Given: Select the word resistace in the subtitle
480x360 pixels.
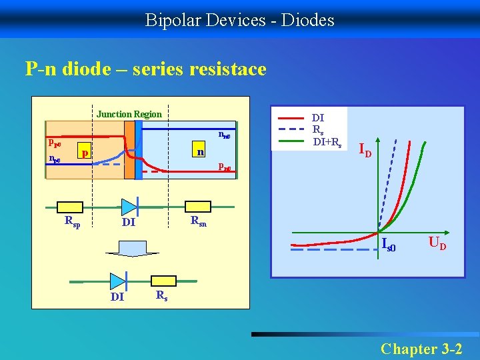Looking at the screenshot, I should pos(231,69).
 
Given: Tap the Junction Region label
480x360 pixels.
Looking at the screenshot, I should pos(129,114).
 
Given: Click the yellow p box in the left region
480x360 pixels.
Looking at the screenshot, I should pos(84,153).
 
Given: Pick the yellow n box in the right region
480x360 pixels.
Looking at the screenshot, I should pos(199,152).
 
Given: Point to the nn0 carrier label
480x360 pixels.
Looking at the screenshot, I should pos(225,135).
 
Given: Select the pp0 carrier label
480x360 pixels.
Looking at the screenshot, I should pos(55,143).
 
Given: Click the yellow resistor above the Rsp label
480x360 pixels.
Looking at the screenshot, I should pos(71,206).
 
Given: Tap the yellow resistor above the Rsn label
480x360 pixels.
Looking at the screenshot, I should pos(199,206).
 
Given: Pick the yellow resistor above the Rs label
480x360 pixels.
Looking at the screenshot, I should pos(162,281).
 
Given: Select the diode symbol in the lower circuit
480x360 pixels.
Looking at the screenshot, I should pos(119,281).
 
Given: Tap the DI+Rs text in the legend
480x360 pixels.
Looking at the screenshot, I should pos(327,141).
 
